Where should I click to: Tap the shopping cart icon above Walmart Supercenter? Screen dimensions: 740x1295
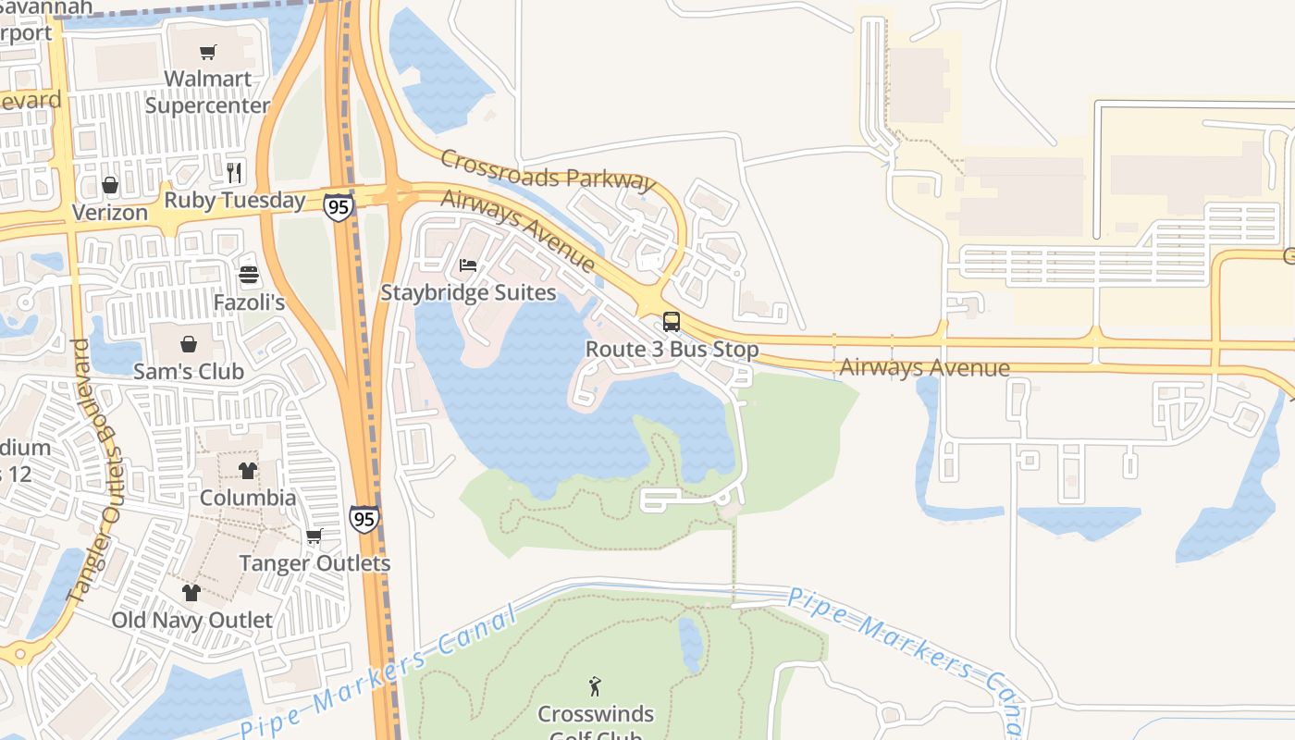[207, 53]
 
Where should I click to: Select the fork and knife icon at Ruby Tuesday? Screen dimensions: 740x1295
[234, 172]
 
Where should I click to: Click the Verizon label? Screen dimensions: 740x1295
[110, 213]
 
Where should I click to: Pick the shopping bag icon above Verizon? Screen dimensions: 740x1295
[110, 185]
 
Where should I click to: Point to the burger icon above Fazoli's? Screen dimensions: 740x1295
[248, 275]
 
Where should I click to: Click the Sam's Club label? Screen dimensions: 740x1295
[189, 372]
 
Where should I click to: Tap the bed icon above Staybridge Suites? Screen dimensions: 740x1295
[468, 265]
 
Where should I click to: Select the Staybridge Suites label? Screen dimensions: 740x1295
[468, 293]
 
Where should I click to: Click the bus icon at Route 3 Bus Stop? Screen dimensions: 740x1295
[672, 322]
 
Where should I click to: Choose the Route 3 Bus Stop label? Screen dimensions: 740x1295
[672, 350]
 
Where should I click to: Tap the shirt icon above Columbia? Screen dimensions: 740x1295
[247, 470]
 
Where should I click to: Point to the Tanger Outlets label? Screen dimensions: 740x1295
[314, 563]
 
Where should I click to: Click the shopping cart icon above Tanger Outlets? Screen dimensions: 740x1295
[314, 536]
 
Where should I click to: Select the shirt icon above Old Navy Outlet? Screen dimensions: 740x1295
[191, 592]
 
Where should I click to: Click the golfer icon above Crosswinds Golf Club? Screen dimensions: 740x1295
[595, 686]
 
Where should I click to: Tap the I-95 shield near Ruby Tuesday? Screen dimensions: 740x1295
[339, 206]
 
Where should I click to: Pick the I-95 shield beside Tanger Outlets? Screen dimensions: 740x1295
[364, 519]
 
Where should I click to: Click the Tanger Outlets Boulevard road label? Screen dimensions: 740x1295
[95, 472]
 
